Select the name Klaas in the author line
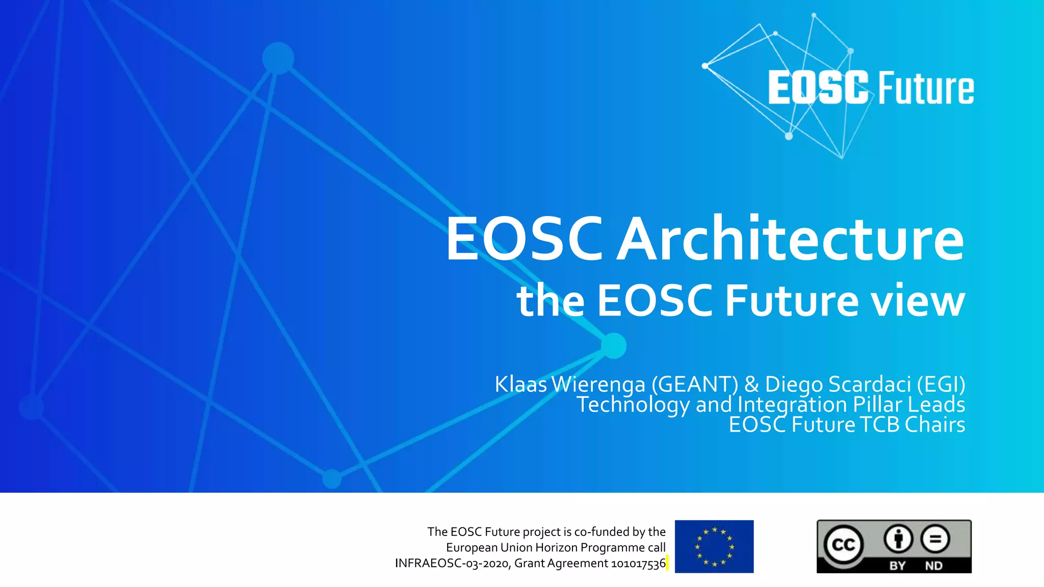[520, 384]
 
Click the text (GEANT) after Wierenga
[694, 384]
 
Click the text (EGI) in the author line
[941, 384]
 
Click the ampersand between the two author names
[751, 384]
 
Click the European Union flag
[714, 546]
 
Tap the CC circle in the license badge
[843, 545]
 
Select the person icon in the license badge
[898, 539]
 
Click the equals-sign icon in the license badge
[935, 539]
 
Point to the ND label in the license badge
[934, 566]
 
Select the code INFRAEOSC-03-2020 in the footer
[452, 563]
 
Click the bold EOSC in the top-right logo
[818, 88]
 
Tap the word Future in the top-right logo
[926, 89]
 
